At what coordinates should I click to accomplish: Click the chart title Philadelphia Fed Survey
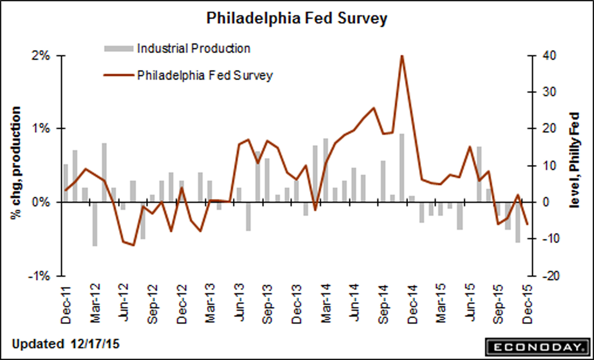297,19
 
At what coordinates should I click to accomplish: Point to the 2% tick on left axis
42,56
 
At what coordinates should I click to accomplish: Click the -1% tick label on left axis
39,276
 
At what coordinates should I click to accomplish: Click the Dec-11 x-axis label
67,305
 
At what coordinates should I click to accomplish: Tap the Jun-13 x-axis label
240,305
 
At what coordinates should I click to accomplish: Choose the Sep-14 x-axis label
383,305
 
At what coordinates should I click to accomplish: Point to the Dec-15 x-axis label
528,305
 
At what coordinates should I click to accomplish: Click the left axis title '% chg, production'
16,162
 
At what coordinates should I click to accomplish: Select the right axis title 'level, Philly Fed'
575,160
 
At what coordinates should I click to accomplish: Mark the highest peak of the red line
402,56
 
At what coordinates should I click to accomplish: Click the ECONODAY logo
537,347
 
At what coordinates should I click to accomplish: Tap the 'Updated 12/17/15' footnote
65,344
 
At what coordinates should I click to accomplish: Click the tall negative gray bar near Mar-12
95,224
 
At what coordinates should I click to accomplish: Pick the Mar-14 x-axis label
326,305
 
